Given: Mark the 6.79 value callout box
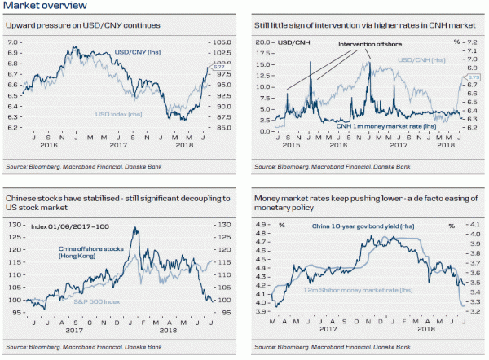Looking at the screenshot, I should coord(475,77).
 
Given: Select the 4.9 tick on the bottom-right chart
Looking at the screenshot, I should coord(262,225).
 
